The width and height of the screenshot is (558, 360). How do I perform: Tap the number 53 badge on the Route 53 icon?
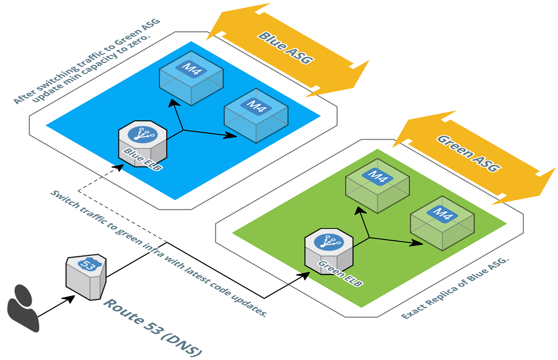87,264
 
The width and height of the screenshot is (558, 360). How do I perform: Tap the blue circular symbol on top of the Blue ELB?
142,135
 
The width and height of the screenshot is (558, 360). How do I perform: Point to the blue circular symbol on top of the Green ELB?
328,242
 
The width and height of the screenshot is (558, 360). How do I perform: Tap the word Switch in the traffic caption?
65,199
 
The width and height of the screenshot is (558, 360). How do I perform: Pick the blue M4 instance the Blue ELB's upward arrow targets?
191,78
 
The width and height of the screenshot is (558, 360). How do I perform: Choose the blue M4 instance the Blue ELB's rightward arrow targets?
256,115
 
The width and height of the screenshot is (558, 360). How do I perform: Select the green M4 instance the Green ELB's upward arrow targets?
377,186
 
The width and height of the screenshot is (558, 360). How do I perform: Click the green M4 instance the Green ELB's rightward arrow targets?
442,223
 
